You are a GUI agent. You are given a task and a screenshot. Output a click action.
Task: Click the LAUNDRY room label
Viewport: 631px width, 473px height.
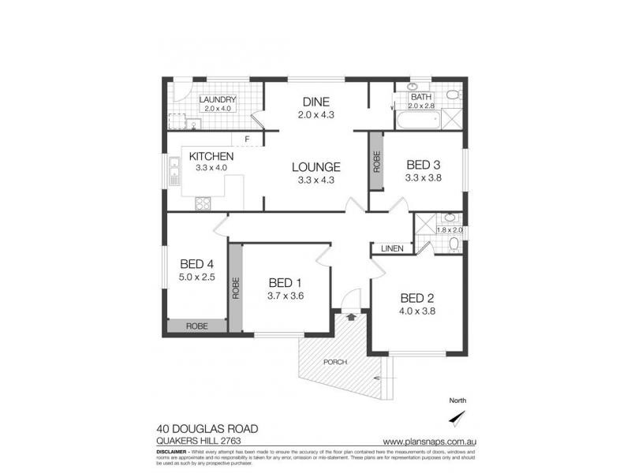point(218,99)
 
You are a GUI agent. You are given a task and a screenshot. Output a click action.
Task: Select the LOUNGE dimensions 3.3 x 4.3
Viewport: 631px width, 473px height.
point(315,181)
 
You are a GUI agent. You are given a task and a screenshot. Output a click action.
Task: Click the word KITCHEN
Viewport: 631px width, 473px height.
point(211,155)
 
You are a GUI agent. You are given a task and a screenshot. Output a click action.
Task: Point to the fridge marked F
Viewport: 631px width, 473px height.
point(246,140)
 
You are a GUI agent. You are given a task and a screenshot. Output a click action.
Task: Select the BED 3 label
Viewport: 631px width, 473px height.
point(423,165)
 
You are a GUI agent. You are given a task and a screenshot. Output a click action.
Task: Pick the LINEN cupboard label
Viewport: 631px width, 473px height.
point(392,248)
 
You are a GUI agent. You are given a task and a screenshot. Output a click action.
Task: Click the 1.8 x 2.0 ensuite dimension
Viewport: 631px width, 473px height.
point(450,230)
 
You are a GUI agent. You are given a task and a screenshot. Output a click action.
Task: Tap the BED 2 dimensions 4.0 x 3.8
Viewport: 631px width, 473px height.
point(417,311)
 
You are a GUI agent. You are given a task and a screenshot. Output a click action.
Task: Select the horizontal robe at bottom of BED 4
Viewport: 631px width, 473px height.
point(197,325)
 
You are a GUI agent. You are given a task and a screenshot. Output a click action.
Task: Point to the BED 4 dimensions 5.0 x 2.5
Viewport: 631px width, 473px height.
point(196,277)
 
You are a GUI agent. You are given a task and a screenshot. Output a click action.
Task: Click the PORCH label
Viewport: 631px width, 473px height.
point(335,363)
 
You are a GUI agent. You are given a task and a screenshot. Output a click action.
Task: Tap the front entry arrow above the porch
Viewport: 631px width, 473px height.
point(349,317)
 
